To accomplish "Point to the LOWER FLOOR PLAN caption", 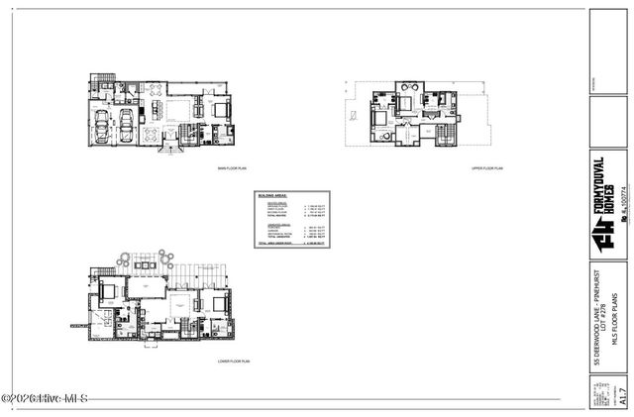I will tap(234, 363).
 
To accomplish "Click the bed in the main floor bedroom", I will tap(220, 109).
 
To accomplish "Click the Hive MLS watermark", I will tap(45, 399).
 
